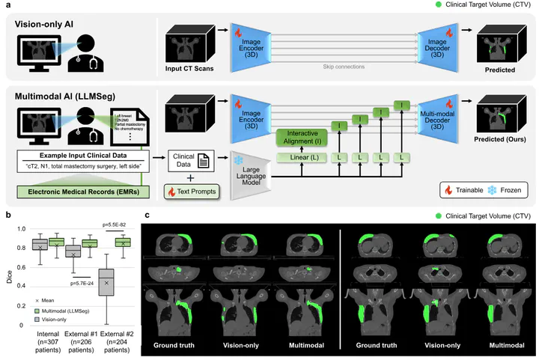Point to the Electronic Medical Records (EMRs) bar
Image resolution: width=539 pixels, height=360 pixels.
[x=83, y=191]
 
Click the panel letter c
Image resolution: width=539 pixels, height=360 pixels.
[x=147, y=216]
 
